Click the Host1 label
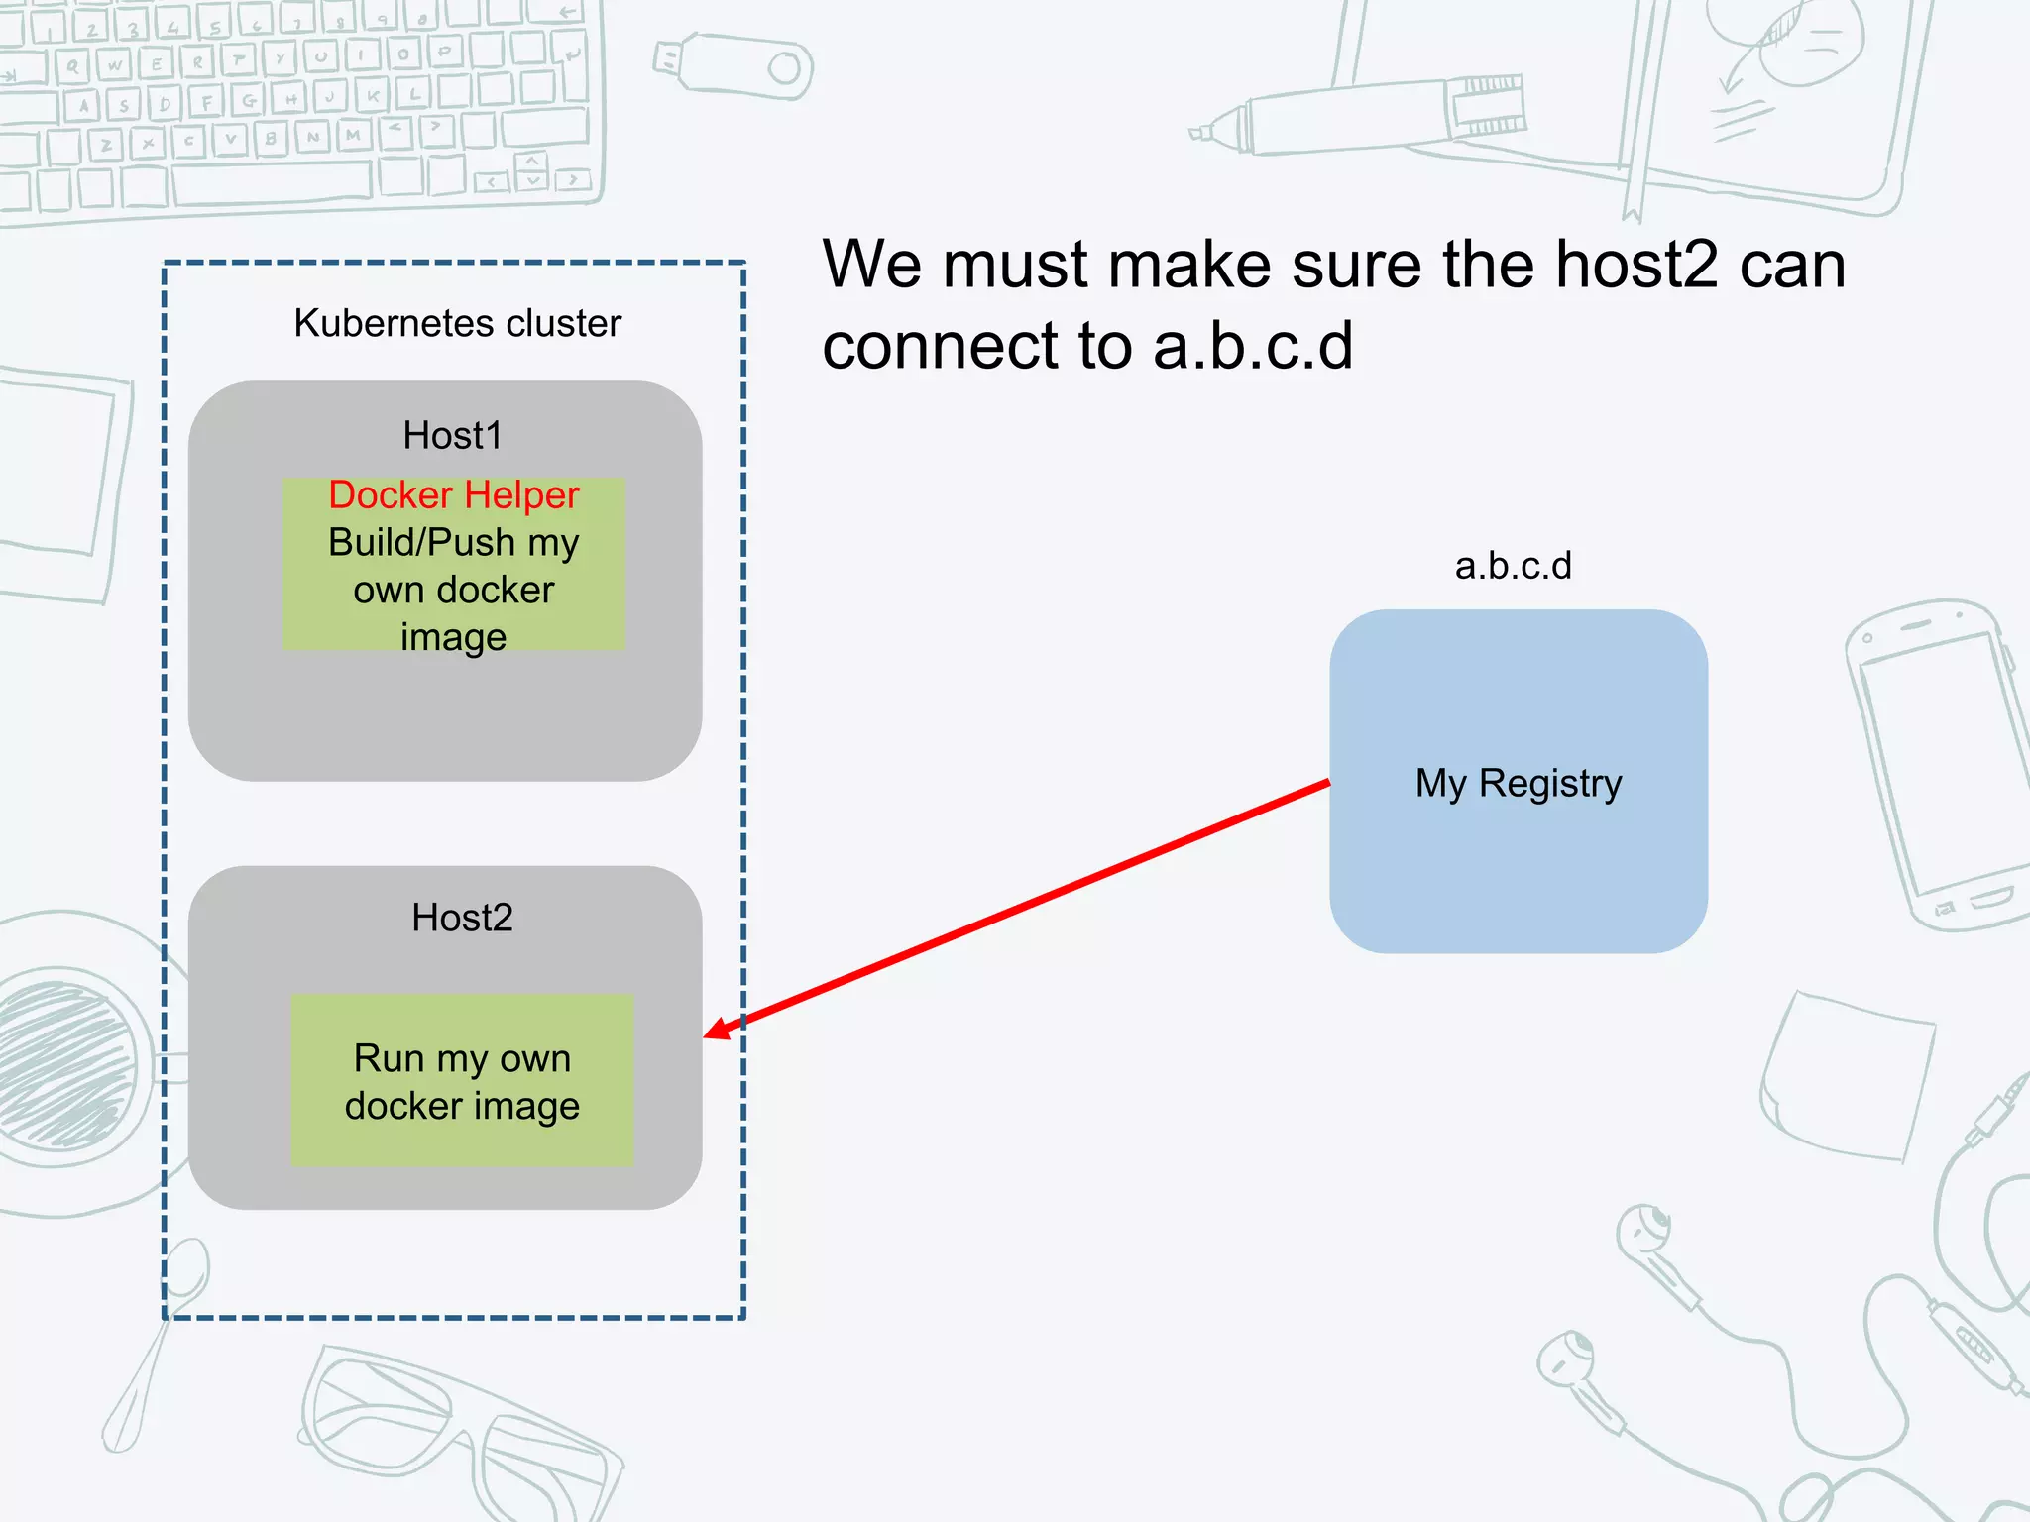tap(452, 436)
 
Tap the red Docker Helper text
tap(453, 494)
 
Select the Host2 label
tap(462, 919)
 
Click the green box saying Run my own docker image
tap(462, 1080)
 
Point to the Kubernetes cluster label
tap(457, 324)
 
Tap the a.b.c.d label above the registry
tap(1513, 566)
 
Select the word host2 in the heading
tap(1635, 266)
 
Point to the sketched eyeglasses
tap(456, 1427)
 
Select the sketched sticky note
tap(1849, 1075)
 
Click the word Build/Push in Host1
tap(421, 543)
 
